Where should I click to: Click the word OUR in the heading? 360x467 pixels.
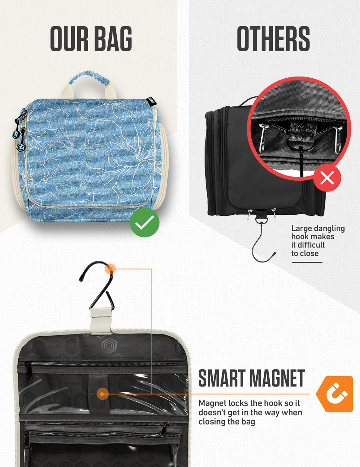[69, 39]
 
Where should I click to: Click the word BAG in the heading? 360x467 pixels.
[113, 39]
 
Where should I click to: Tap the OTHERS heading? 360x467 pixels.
[273, 39]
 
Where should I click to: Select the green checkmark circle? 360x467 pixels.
[144, 222]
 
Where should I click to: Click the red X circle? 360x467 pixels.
[327, 178]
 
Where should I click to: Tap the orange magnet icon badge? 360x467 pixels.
[335, 394]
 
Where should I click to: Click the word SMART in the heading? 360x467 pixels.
[221, 379]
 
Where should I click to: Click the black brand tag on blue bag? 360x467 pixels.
[151, 101]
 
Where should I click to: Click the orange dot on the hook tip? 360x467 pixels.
[110, 269]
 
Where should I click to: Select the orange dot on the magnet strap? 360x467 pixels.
[102, 394]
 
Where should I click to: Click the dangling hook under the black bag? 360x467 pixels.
[262, 242]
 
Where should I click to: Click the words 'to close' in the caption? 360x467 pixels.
[305, 253]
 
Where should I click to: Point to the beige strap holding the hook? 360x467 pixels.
[101, 320]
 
